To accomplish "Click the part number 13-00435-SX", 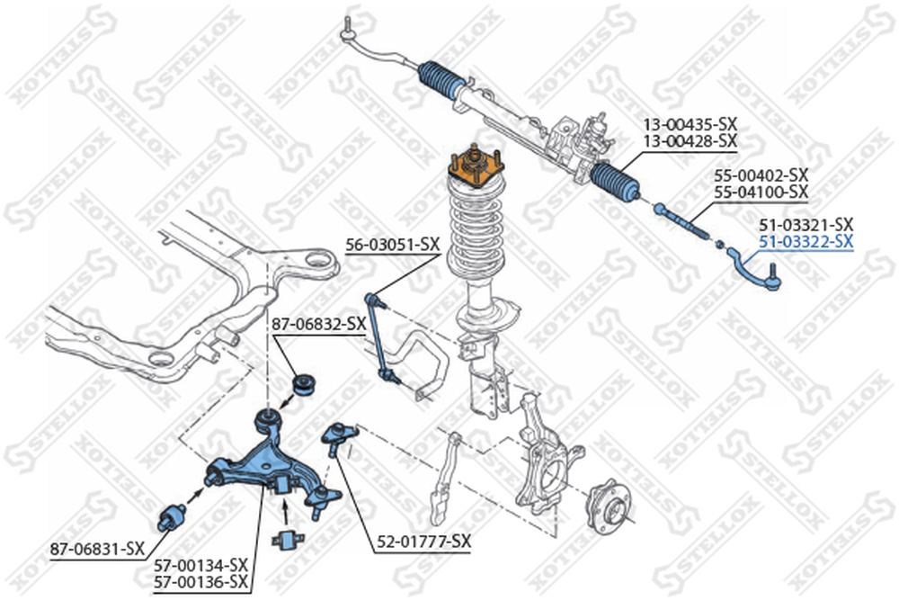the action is point(690,124).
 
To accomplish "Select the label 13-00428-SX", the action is point(690,140).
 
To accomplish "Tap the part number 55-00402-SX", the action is point(761,175).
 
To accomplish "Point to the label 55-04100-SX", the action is point(761,192).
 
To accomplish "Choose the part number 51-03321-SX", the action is point(806,224).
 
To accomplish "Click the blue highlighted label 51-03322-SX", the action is point(806,241).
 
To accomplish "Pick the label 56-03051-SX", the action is point(393,245).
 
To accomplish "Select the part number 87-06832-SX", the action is point(319,324).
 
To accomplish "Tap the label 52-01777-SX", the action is point(423,541).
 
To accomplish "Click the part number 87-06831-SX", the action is point(97,549).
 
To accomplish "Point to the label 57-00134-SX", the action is point(200,566).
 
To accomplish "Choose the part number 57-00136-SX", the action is point(200,582).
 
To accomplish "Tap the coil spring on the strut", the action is point(476,228).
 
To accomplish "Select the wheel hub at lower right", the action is point(609,507).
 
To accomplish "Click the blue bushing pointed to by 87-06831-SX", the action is point(172,516).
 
